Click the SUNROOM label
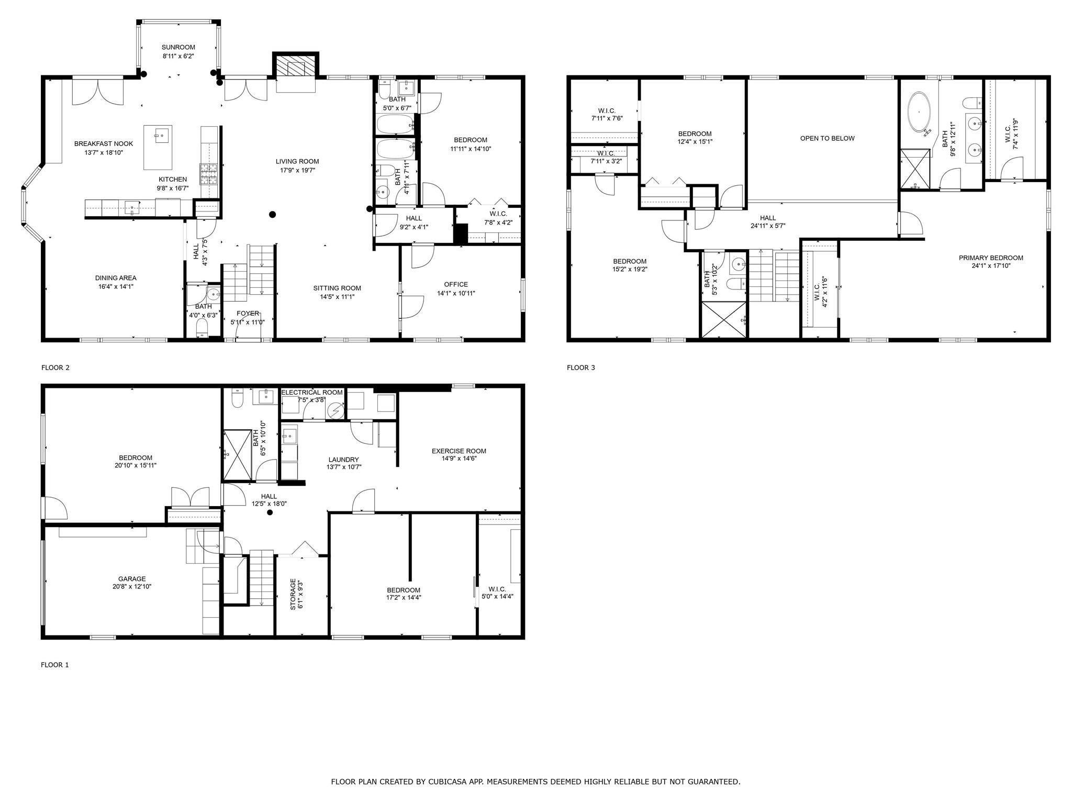[x=178, y=47]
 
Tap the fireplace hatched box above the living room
[x=291, y=67]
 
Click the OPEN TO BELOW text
[x=827, y=138]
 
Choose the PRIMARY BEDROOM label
[x=991, y=258]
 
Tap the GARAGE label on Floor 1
[x=132, y=578]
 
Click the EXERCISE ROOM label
[x=459, y=451]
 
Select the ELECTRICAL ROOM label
[x=312, y=392]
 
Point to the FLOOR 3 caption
[x=581, y=367]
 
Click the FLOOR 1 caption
[x=55, y=665]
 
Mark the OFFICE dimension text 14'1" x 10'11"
[x=456, y=293]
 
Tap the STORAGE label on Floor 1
[x=293, y=594]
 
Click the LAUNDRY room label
[x=343, y=460]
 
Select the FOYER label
[x=248, y=314]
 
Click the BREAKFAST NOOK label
[x=104, y=143]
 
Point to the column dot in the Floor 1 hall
[x=270, y=512]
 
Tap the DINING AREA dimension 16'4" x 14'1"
[x=116, y=286]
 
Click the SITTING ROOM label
[x=337, y=288]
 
